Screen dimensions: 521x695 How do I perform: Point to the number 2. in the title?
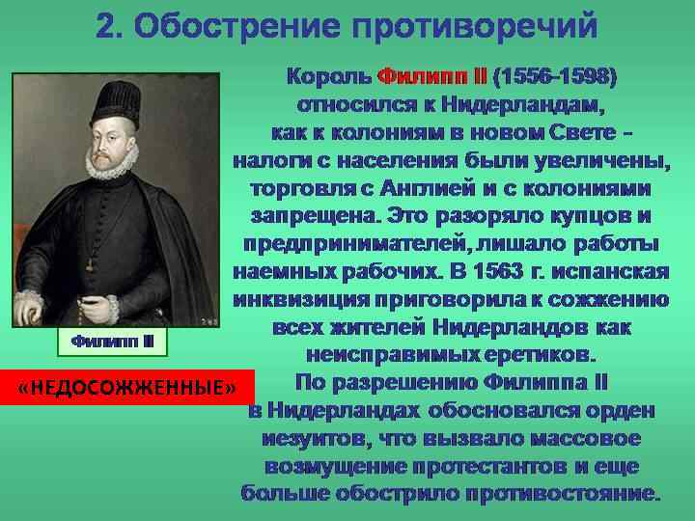(x=109, y=26)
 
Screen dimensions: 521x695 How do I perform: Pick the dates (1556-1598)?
(x=555, y=74)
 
